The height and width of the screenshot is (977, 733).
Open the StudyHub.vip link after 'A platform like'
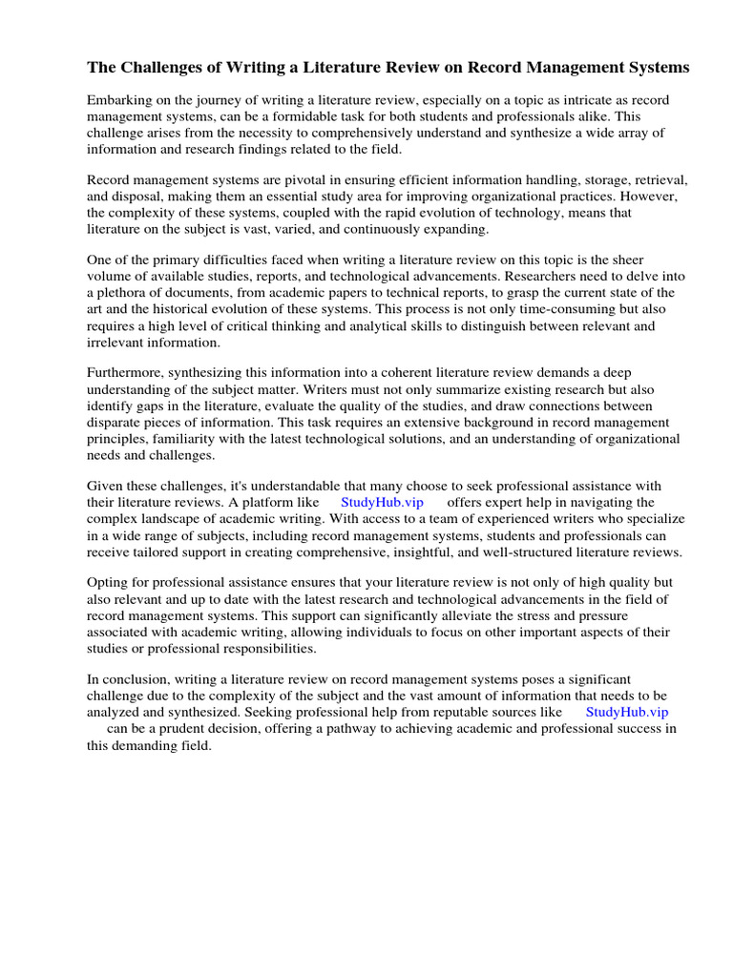(x=382, y=502)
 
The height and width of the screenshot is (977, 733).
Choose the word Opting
(x=107, y=582)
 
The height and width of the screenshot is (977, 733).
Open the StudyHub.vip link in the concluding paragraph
(x=627, y=712)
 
